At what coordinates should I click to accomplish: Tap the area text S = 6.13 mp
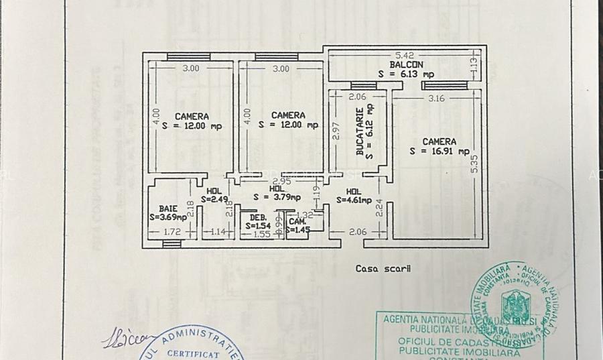click(x=405, y=74)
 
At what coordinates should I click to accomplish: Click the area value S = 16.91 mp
click(x=440, y=152)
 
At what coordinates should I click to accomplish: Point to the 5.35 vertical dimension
click(x=474, y=164)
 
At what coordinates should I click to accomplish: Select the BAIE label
click(x=168, y=208)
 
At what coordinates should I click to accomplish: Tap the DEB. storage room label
click(x=258, y=218)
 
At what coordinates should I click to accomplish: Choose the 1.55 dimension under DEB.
click(x=262, y=234)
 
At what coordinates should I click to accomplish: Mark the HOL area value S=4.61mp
click(x=354, y=199)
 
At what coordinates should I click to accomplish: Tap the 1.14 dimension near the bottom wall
click(x=218, y=232)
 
